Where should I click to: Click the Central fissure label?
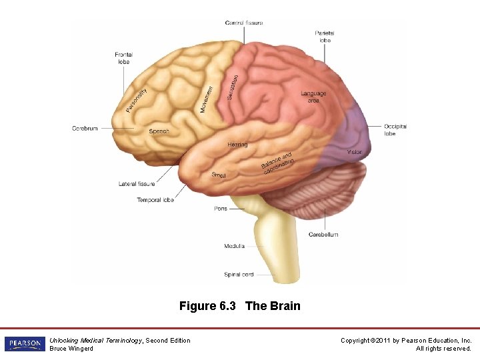(244, 23)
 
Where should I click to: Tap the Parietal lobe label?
(325, 37)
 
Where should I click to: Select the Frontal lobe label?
(123, 58)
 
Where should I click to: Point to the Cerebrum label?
(85, 128)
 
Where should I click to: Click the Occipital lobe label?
(395, 130)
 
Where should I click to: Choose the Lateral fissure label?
(137, 184)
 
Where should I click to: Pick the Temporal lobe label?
(155, 200)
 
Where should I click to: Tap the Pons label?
(221, 209)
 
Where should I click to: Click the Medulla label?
(234, 246)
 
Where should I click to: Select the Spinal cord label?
(239, 274)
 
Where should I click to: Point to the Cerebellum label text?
(323, 235)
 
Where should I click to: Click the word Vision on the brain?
(355, 152)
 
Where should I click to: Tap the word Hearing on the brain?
(237, 145)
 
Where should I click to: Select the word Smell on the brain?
(219, 175)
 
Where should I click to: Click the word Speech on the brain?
(159, 131)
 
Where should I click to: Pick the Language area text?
(313, 97)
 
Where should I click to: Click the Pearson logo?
(25, 344)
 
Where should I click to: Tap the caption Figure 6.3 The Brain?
(239, 307)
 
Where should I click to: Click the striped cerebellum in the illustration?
(333, 187)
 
